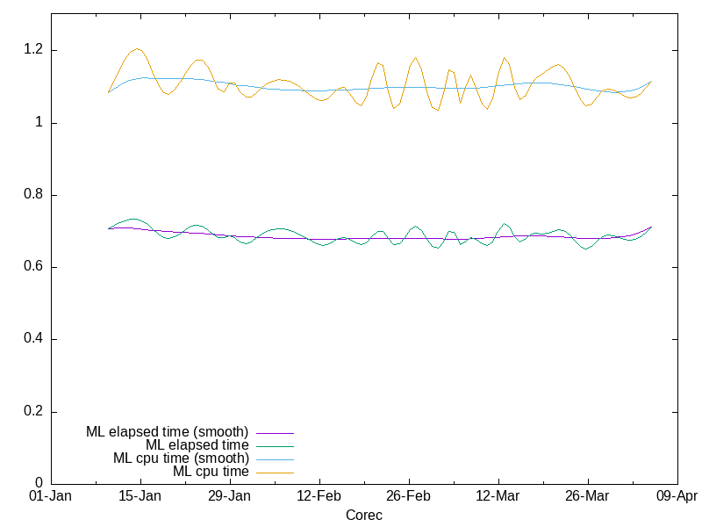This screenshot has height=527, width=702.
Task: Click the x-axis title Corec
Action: pyautogui.click(x=363, y=516)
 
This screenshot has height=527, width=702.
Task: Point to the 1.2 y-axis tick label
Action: pyautogui.click(x=35, y=50)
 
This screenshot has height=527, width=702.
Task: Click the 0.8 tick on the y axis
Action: pyautogui.click(x=35, y=195)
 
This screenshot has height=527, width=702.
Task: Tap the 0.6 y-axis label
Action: pyautogui.click(x=35, y=267)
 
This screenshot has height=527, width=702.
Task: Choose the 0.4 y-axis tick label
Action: pyautogui.click(x=35, y=339)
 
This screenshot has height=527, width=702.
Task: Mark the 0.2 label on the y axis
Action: pyautogui.click(x=35, y=412)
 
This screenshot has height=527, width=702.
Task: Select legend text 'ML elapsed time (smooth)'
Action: pyautogui.click(x=167, y=432)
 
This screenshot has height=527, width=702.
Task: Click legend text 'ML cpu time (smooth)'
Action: pyautogui.click(x=181, y=458)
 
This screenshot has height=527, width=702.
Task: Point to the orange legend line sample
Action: pyautogui.click(x=275, y=473)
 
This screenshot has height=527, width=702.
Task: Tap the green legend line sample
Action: pyautogui.click(x=275, y=446)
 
